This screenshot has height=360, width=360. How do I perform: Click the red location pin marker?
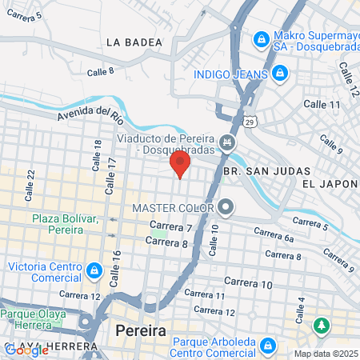[x=180, y=166]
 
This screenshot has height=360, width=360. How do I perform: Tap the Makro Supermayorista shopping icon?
[x=261, y=38]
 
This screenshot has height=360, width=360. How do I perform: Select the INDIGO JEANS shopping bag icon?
[x=279, y=74]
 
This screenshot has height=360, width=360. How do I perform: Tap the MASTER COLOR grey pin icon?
[x=226, y=208]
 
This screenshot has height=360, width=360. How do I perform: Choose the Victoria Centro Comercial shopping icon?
[x=95, y=270]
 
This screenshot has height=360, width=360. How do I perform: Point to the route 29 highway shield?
[x=251, y=122]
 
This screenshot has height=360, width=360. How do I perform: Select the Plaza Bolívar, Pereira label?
[x=64, y=224]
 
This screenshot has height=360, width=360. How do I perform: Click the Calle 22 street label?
[x=30, y=186]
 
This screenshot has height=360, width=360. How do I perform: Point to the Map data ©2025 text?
[x=323, y=354]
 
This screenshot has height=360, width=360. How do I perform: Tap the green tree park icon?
[x=322, y=326]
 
